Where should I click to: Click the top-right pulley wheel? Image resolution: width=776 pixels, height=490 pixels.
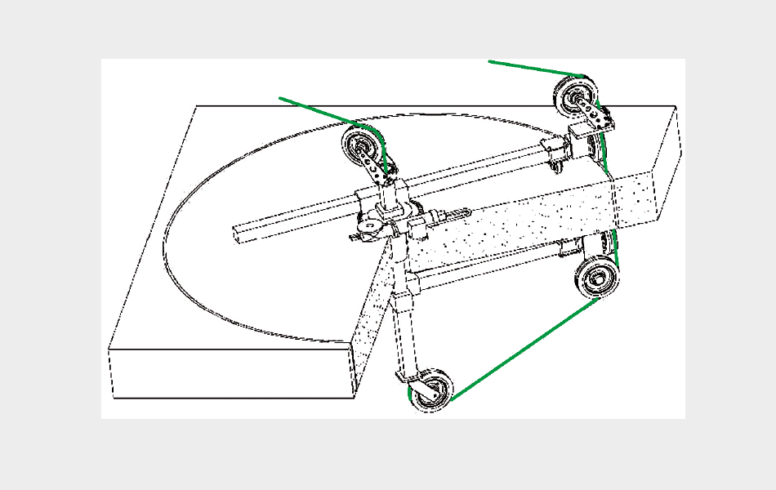coord(577,97)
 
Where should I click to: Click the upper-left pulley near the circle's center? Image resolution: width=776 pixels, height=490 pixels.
coord(362,147)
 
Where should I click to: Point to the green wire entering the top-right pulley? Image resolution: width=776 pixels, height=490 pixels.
coord(531,68)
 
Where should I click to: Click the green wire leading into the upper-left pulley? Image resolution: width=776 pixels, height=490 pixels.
coord(319,109)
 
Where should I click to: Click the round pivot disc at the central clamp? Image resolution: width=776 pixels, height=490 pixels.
coord(372,222)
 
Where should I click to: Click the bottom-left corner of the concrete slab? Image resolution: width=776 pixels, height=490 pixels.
coord(112,398)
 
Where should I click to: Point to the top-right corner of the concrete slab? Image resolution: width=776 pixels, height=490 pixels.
coord(675,105)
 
